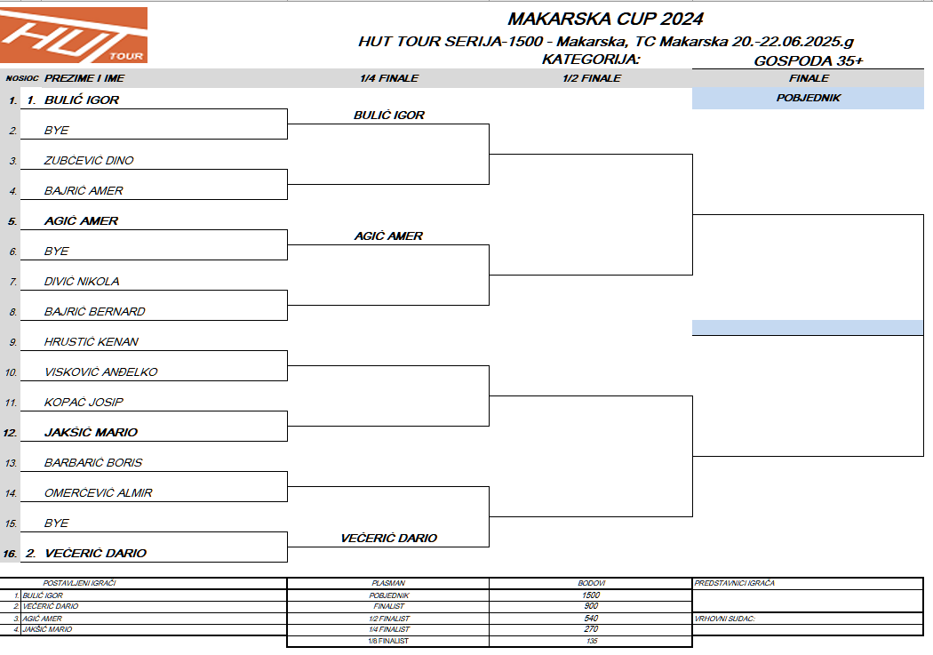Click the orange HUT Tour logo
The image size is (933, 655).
pos(74,36)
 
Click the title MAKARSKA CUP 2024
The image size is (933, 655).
pos(605,19)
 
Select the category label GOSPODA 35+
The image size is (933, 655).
pos(808,60)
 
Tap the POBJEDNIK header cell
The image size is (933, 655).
pos(808,98)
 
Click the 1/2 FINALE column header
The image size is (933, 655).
pos(592,78)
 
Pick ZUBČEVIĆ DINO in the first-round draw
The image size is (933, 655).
pos(89,161)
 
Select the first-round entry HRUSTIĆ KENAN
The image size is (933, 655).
pos(92,342)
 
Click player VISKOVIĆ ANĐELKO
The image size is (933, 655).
pos(100,372)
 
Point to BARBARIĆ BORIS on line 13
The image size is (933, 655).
pos(93,463)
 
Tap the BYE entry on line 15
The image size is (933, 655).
pos(56,523)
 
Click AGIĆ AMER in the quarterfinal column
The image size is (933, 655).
pos(388,236)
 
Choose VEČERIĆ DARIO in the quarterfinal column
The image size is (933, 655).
pos(388,539)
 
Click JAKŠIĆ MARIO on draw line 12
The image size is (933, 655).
pos(91,433)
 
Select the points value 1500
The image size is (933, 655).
pos(591,595)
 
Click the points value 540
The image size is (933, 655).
pos(591,618)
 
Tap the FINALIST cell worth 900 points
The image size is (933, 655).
pos(388,606)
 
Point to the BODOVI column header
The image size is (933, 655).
pos(591,583)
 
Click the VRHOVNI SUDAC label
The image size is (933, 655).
pos(724,618)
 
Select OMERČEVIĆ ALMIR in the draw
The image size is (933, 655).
pos(98,493)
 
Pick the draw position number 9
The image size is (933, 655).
pos(13,342)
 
